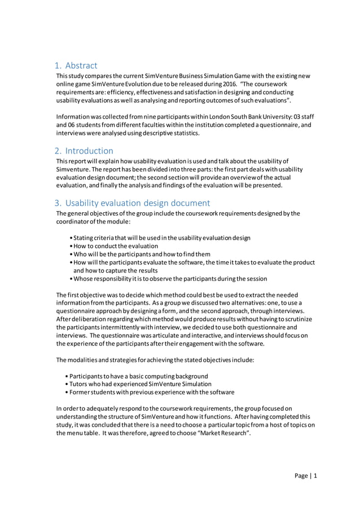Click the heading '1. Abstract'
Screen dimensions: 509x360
click(76, 65)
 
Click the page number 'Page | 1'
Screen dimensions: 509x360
click(306, 476)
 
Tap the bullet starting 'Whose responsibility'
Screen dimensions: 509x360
click(170, 278)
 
